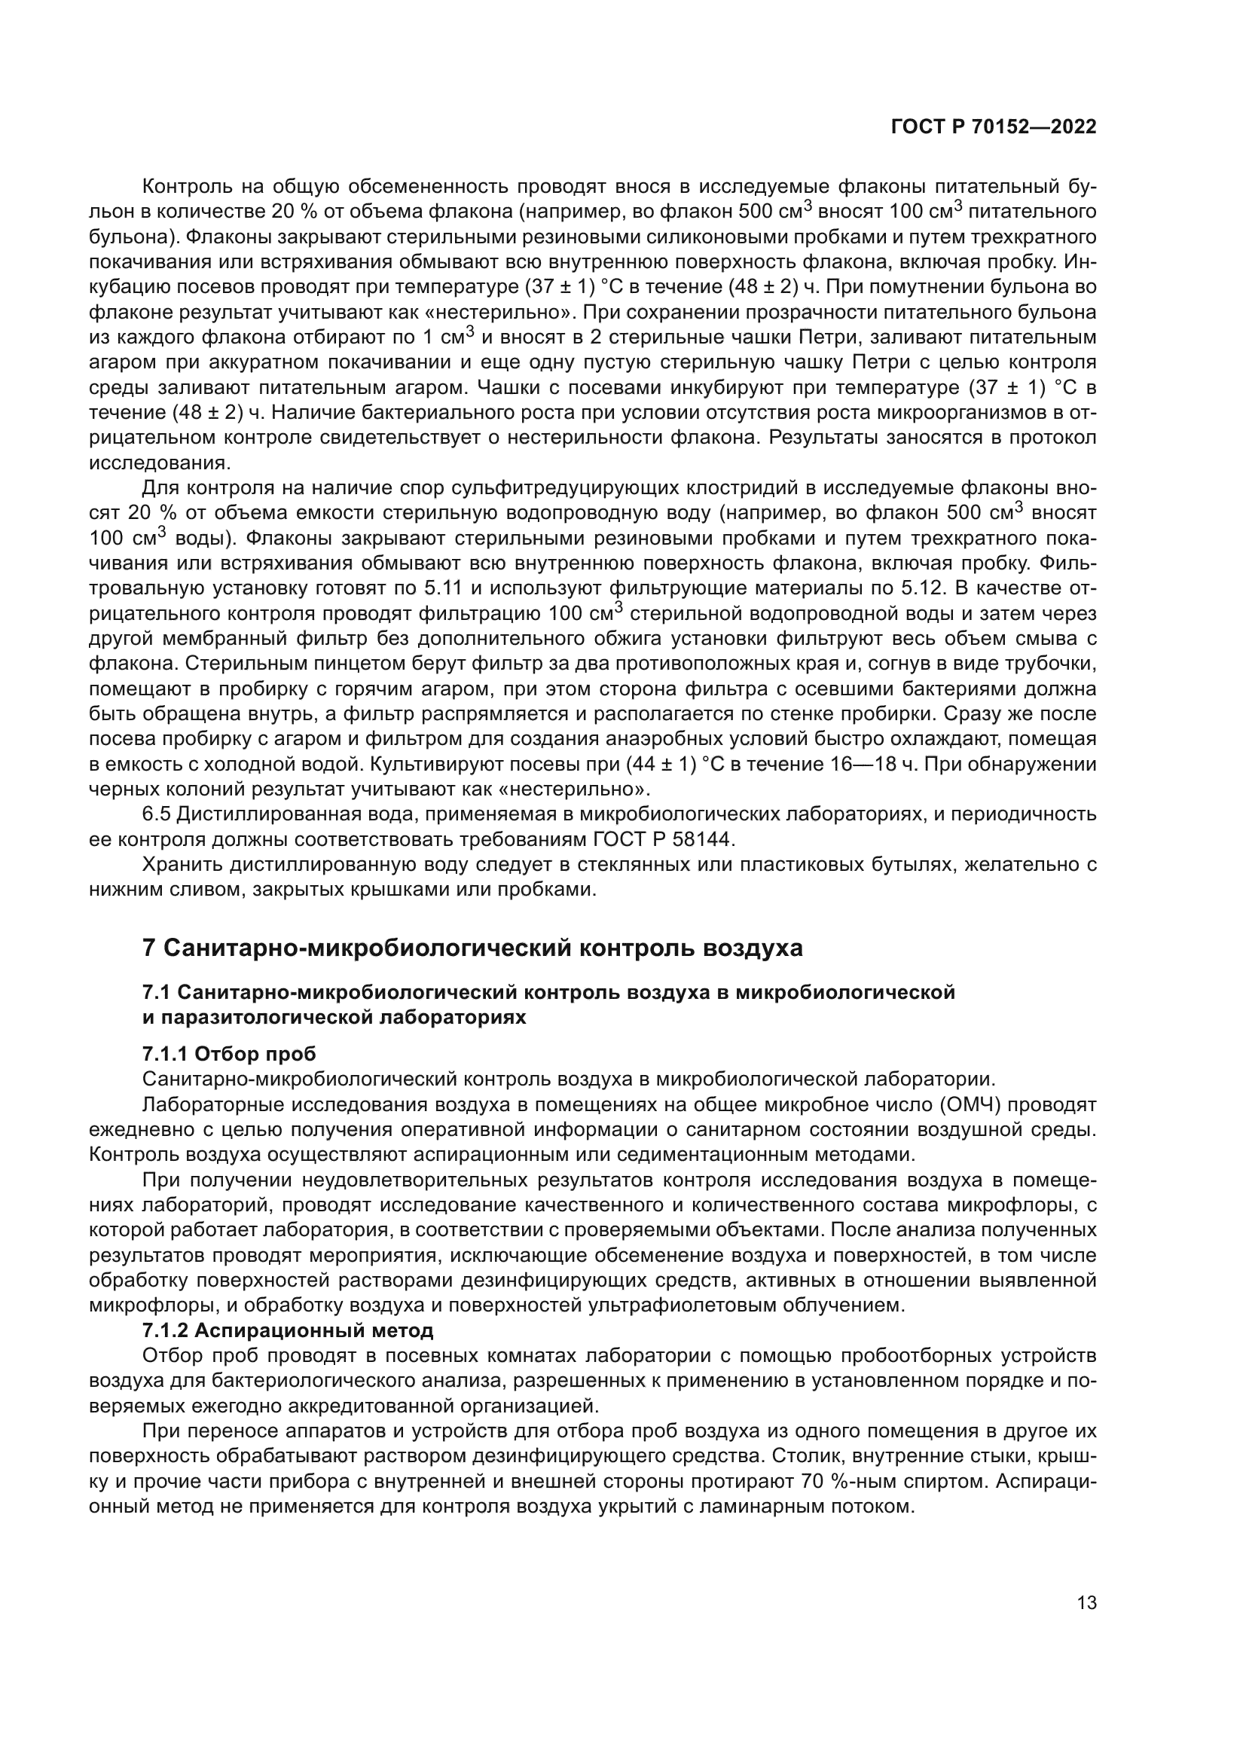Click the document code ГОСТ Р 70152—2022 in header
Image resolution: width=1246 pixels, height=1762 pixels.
(994, 127)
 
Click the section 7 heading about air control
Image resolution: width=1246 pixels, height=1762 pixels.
(472, 948)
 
